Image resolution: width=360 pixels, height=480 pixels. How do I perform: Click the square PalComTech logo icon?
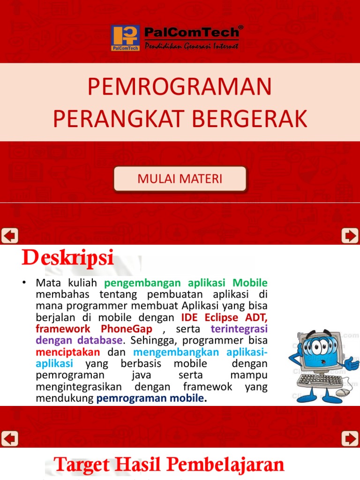coord(125,38)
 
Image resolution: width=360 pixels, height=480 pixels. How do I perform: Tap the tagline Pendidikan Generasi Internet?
coord(191,46)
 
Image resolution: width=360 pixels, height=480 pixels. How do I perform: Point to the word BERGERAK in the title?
coord(250,119)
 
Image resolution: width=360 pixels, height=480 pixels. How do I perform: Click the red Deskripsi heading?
coord(67,258)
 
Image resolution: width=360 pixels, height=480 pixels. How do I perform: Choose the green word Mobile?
coord(250,283)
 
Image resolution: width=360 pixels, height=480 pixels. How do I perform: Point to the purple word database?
coord(98,340)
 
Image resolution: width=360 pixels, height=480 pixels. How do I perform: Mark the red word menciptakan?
coord(67,352)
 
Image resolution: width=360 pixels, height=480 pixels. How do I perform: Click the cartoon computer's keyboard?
coord(321,379)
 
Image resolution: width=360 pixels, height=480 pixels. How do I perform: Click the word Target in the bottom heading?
coord(82,465)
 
